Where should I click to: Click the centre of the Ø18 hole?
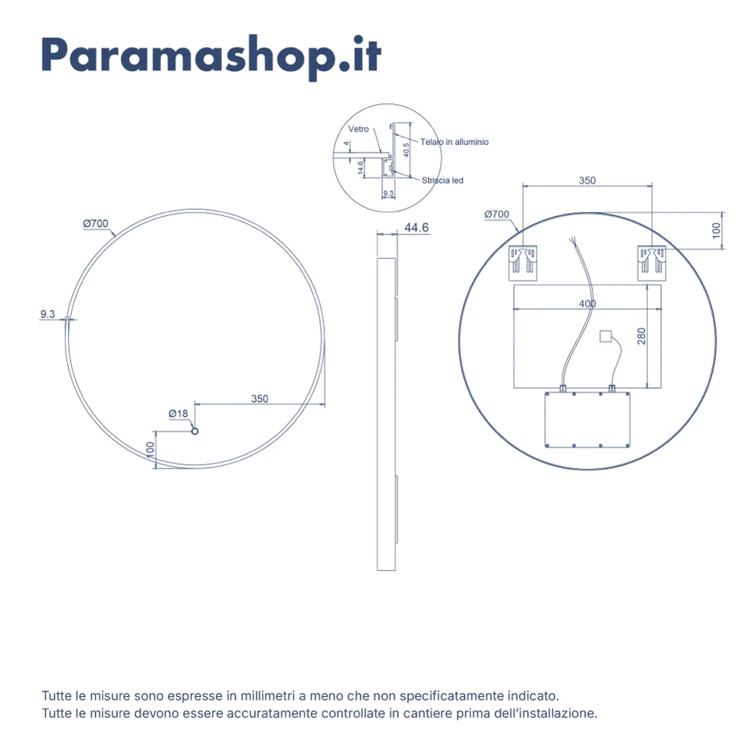point(195,431)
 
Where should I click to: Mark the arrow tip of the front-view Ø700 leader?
point(116,236)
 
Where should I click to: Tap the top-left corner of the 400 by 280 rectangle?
point(513,285)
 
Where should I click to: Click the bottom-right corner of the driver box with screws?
point(630,447)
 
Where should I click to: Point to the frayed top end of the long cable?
point(572,239)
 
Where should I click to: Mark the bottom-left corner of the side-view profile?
point(377,571)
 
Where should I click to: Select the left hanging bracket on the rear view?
point(523,263)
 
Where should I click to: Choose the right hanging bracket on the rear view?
point(652,263)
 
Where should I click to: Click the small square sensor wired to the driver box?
point(606,336)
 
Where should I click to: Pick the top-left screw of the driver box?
point(547,394)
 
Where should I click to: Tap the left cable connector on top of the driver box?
point(562,388)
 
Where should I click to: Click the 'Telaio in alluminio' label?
point(454,142)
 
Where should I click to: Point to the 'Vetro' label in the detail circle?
point(358,129)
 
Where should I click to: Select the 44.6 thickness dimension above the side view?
point(417,227)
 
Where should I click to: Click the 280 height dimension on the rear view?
point(641,336)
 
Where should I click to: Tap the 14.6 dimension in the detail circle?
point(361,168)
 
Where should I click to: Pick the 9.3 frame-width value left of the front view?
point(48,314)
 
